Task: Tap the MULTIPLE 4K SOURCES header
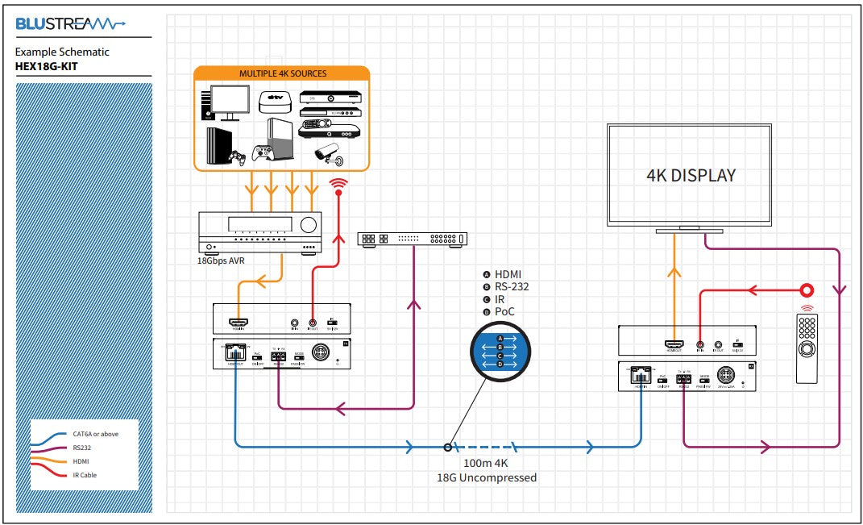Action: pos(282,73)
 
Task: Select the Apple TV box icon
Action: pos(273,101)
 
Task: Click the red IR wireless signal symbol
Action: pos(339,186)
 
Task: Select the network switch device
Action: pos(412,239)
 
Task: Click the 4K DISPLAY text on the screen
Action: pos(691,175)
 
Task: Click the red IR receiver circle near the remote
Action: pos(807,290)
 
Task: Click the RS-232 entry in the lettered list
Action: pos(512,286)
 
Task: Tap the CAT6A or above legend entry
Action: pos(95,434)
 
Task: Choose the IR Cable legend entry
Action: pos(85,475)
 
